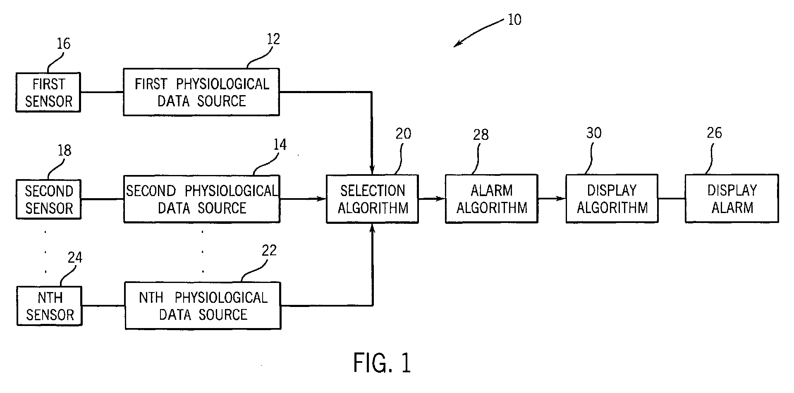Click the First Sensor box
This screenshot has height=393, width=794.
tap(48, 92)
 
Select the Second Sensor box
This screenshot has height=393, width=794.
tap(48, 199)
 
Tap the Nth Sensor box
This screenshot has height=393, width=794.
tap(50, 306)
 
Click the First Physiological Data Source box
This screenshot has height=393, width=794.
tap(201, 92)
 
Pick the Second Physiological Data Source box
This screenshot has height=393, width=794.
tap(202, 199)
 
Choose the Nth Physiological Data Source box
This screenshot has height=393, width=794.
tap(203, 306)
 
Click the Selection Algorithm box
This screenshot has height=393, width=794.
tap(372, 199)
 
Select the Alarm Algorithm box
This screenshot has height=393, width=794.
tap(491, 199)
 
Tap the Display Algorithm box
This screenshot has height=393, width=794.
tap(612, 199)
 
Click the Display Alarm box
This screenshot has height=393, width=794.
tap(732, 199)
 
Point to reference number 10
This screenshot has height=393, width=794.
tap(514, 19)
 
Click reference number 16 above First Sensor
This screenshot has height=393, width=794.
tap(63, 43)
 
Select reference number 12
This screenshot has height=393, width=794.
tap(273, 39)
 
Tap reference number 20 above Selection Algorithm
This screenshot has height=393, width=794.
tap(404, 134)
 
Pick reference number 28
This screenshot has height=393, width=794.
tap(481, 134)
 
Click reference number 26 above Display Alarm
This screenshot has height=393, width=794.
tap(714, 133)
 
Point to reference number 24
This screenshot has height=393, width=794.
tap(75, 258)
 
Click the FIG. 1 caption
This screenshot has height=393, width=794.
tap(382, 363)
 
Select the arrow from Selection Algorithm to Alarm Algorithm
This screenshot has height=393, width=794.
tap(432, 199)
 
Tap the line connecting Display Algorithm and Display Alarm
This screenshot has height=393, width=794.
tap(672, 199)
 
